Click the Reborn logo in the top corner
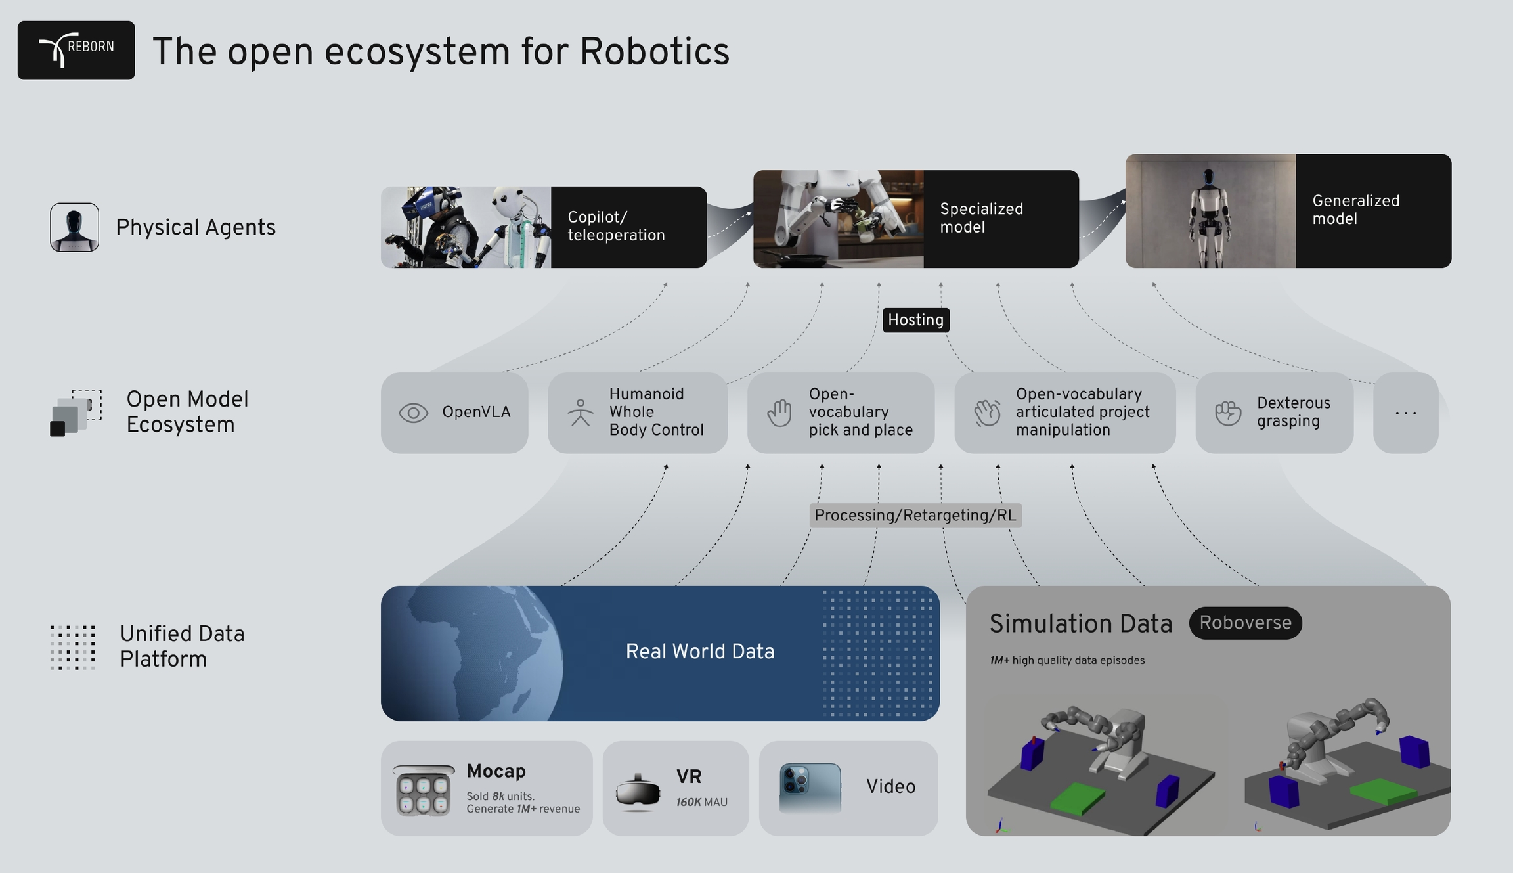76,50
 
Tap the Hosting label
915,320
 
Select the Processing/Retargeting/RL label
915,515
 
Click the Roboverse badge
1245,623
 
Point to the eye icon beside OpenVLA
413,413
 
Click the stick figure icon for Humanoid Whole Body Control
580,413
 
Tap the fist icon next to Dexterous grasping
1227,413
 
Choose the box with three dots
1405,413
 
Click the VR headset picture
638,792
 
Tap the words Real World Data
700,651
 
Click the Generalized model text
1355,210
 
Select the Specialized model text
981,217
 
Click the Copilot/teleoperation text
616,226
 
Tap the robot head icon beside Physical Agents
75,227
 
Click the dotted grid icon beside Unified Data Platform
73,647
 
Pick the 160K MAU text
701,802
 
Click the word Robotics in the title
654,51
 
